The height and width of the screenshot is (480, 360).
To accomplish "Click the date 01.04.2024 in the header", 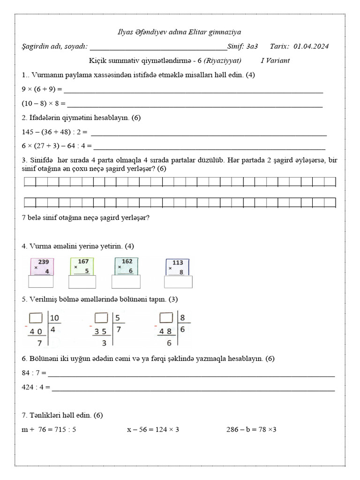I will tap(311, 46).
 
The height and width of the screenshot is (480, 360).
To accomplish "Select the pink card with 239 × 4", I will tap(42, 266).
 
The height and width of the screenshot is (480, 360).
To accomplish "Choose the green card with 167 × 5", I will tap(82, 266).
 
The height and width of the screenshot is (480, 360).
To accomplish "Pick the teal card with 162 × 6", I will tap(126, 266).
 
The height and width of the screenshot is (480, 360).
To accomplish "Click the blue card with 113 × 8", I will tap(178, 267).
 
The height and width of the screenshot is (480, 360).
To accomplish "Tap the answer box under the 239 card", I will tap(42, 281).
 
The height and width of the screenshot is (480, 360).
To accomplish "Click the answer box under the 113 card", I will tap(178, 282).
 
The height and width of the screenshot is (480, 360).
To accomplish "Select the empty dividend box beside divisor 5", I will tap(102, 318).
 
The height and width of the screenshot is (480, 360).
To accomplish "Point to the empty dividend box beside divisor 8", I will tap(167, 318).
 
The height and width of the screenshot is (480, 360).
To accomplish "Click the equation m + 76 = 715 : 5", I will tap(49, 429).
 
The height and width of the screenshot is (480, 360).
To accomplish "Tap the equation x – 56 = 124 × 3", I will tap(153, 429).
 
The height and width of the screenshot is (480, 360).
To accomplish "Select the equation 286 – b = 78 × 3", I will tap(251, 429).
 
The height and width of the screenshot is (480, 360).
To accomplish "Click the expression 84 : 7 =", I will tap(34, 373).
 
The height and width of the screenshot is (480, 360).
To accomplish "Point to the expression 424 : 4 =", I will tap(36, 388).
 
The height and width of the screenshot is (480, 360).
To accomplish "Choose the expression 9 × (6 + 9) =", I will tap(42, 89).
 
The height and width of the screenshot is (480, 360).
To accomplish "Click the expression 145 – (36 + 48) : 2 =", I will tap(55, 132).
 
